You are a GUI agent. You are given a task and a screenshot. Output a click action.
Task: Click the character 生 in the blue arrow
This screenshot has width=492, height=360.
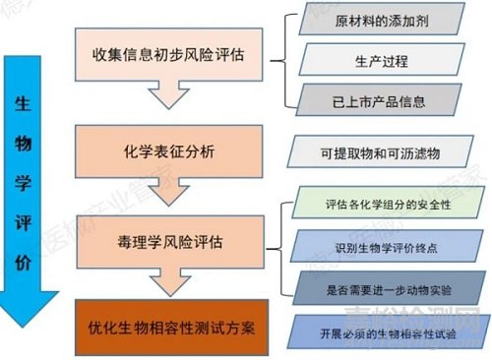pos(24,103)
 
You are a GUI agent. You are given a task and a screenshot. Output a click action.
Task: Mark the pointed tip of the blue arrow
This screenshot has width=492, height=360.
pos(24,325)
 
